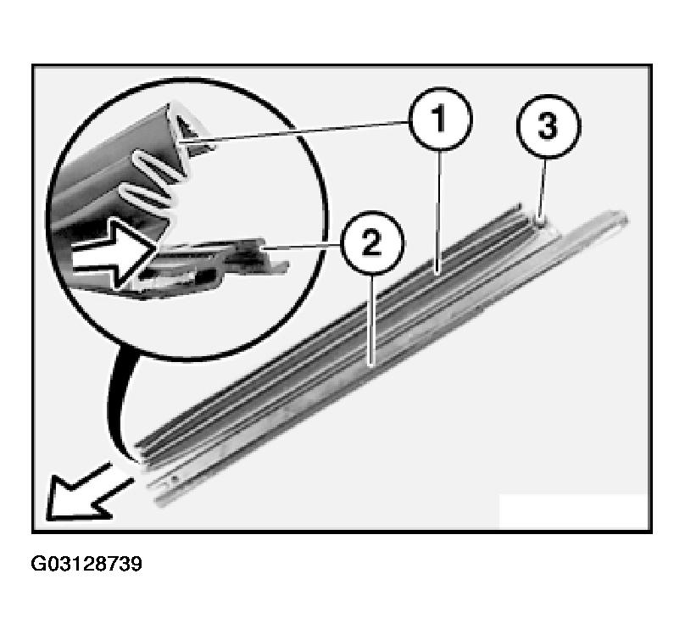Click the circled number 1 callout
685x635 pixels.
440,119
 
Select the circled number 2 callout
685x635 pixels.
372,242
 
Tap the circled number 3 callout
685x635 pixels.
549,125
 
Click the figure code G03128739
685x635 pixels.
86,564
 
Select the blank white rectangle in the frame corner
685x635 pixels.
573,511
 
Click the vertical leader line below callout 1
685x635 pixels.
439,212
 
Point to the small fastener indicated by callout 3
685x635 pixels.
541,222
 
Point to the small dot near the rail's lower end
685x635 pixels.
175,479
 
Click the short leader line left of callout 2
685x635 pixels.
302,248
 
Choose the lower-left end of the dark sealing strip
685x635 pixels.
141,454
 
